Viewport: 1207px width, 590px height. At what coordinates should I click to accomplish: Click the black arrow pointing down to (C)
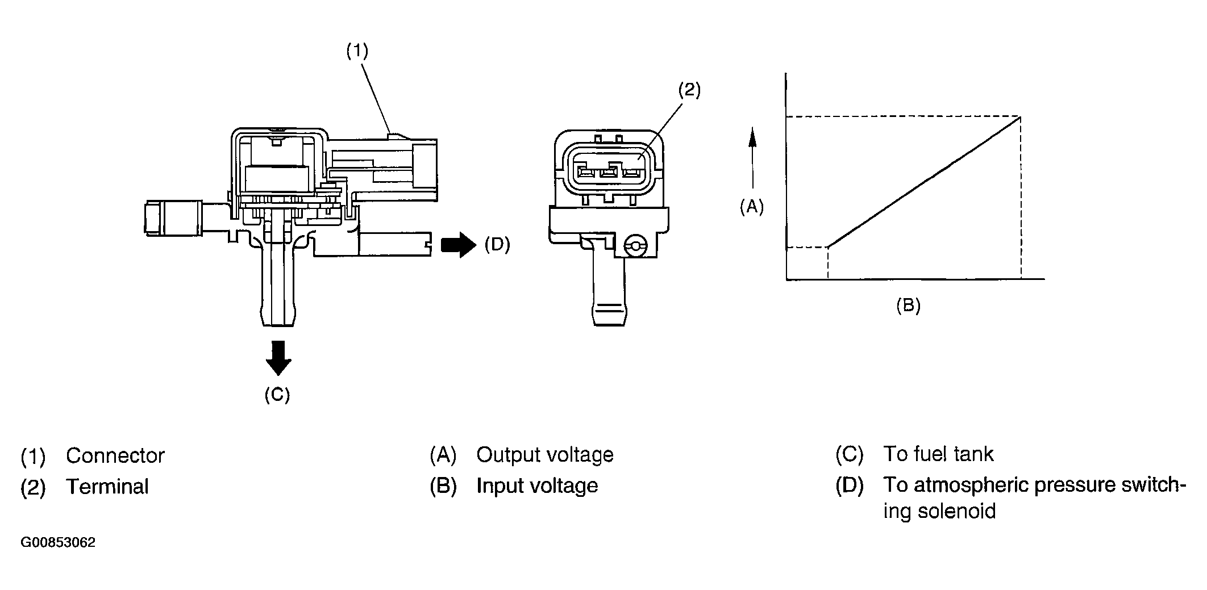[278, 358]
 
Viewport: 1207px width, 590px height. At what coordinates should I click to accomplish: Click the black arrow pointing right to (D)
[458, 245]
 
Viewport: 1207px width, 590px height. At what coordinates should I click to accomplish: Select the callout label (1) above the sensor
[357, 52]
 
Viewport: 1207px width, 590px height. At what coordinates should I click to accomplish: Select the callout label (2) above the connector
[689, 90]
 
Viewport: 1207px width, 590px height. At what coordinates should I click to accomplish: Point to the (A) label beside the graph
[752, 208]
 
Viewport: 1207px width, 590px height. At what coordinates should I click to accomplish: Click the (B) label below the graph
[908, 306]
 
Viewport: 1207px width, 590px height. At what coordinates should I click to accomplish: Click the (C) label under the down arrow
[277, 395]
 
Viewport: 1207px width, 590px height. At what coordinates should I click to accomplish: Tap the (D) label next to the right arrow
[497, 245]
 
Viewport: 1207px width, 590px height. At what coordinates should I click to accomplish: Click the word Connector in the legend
[115, 455]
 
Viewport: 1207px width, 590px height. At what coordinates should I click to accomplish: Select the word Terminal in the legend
[107, 487]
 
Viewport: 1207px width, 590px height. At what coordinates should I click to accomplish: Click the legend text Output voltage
[544, 455]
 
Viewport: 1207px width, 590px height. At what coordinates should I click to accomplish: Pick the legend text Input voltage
[537, 486]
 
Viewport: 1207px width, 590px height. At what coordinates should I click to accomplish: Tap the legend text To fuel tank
[938, 454]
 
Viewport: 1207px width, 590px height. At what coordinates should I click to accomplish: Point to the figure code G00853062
[58, 542]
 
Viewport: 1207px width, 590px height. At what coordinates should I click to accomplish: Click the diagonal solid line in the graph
[924, 182]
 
